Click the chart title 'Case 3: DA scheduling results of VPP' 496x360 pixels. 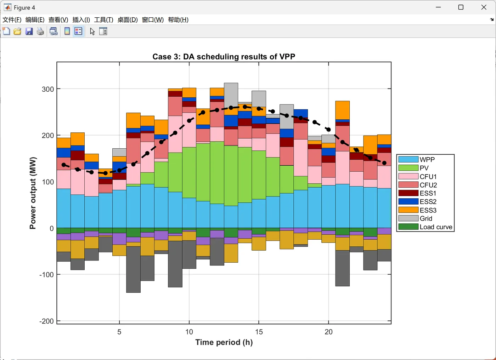(x=224, y=57)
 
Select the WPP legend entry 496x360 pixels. (x=427, y=160)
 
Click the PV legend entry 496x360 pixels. (x=424, y=168)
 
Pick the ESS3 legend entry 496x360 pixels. (x=428, y=210)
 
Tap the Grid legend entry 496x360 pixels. (x=425, y=219)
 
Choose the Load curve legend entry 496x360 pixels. (x=435, y=227)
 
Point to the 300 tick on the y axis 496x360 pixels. (x=48, y=89)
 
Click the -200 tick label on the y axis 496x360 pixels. (x=46, y=321)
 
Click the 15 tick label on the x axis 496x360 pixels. (x=259, y=332)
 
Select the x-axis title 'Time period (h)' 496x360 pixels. (x=224, y=342)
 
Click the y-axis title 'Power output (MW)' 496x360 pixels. (x=33, y=193)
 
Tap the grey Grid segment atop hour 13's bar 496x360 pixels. (x=231, y=95)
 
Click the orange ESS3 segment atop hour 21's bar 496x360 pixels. (x=343, y=110)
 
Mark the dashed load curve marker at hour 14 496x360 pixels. (x=245, y=107)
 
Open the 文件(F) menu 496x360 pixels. (x=12, y=20)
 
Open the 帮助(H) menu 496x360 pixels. (x=178, y=20)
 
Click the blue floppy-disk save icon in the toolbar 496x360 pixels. (x=29, y=32)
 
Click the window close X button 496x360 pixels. (x=484, y=7)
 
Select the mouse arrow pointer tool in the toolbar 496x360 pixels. (x=92, y=32)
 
